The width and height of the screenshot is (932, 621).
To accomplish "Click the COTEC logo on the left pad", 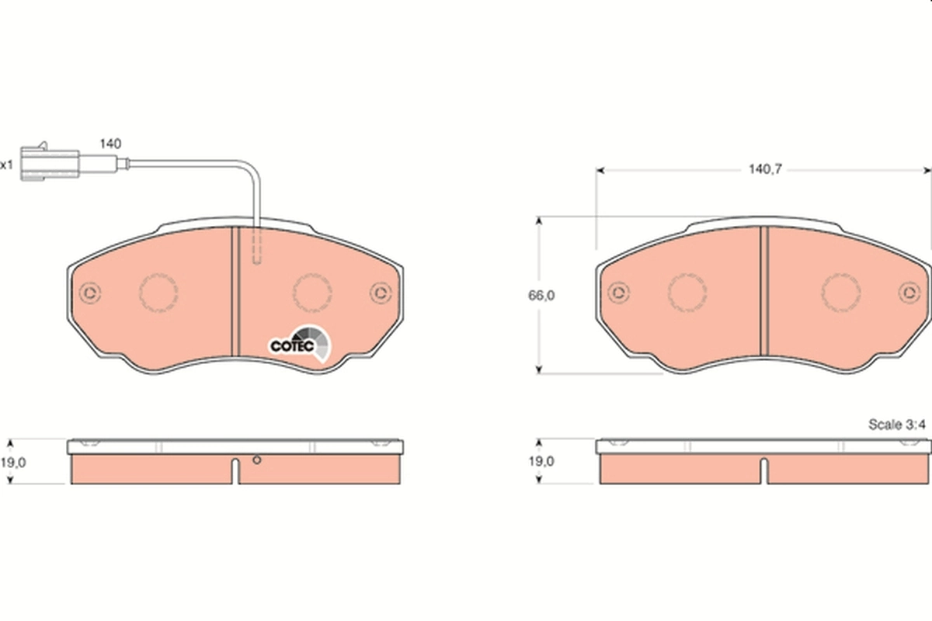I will (299, 344).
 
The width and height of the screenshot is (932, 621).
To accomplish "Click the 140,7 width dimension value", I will (763, 168).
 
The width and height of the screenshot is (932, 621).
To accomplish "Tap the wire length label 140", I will (110, 144).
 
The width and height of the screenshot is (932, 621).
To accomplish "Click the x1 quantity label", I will (7, 165).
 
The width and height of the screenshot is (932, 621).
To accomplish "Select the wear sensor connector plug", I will (49, 162).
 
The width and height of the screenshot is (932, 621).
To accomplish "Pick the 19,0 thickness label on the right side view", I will (541, 461).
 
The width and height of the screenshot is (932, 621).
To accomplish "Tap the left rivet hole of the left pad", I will (90, 293).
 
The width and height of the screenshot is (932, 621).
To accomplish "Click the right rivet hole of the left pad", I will (380, 293).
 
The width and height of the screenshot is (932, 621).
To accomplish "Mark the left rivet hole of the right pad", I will (618, 293).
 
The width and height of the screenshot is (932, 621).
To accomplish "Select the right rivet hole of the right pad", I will (908, 293).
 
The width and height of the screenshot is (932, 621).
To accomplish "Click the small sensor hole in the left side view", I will (257, 460).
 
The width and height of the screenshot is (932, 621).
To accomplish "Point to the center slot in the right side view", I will (764, 470).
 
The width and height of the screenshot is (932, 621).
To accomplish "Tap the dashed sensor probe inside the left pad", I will (257, 247).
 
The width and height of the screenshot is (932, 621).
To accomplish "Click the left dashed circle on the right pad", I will (687, 293).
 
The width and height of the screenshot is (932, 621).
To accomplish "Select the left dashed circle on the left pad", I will (158, 293).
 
